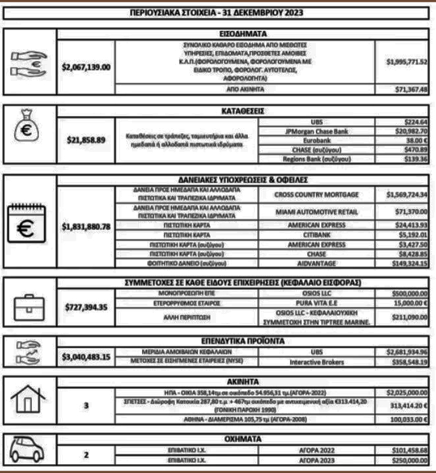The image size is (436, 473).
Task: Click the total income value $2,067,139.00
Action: point(86,66)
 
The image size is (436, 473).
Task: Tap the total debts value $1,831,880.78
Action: point(86,226)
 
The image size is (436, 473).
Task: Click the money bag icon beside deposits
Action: point(30,131)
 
